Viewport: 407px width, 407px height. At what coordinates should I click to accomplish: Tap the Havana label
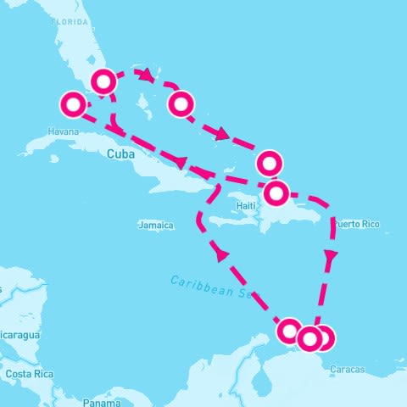(x=64, y=132)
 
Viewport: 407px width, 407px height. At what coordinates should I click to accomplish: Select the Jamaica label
(x=156, y=226)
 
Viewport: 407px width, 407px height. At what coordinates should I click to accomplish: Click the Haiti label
(x=246, y=206)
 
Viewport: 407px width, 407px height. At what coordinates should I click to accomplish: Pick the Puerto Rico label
(x=357, y=225)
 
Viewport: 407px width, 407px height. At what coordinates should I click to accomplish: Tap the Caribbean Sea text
(x=211, y=287)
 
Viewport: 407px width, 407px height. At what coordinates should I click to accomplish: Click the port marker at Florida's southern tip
(x=103, y=81)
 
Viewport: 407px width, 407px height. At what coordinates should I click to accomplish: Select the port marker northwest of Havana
(x=73, y=105)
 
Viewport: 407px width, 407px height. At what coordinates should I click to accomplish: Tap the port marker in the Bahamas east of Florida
(x=181, y=104)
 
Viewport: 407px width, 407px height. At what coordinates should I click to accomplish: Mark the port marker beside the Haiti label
(x=276, y=193)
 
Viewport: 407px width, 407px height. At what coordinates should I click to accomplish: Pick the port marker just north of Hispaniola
(x=270, y=161)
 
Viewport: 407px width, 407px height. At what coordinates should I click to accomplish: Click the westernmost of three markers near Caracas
(x=289, y=330)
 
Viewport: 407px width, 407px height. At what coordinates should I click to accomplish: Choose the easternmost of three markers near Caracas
(x=323, y=337)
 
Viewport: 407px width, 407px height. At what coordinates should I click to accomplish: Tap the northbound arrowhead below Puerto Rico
(x=331, y=254)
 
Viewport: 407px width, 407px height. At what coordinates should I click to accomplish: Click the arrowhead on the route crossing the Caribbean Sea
(x=221, y=253)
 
